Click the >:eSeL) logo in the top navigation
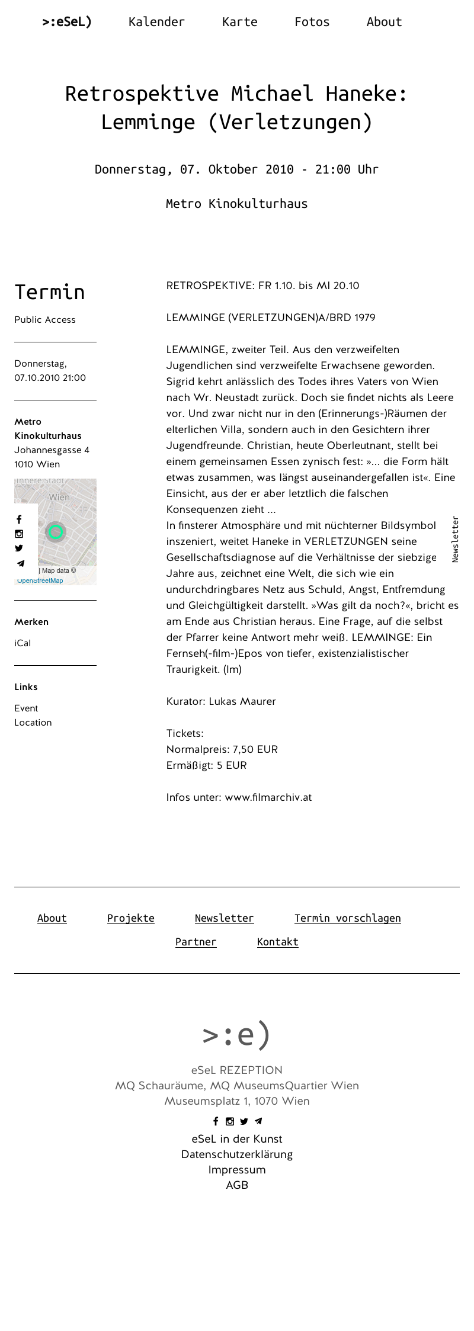point(67,22)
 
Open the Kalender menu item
point(156,22)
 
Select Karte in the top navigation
point(239,22)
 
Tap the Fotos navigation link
point(312,22)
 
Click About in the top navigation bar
point(384,22)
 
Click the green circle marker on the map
point(56,532)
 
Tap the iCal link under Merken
point(23,643)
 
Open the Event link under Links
point(26,708)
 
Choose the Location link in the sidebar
point(33,723)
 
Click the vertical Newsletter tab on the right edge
point(455,539)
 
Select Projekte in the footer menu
point(130,918)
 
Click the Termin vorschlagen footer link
point(347,918)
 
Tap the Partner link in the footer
point(196,942)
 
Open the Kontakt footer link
point(277,942)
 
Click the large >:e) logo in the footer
point(236,1034)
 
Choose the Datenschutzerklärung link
point(236,1154)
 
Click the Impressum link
point(236,1170)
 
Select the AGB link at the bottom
point(236,1185)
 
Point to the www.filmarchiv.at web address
point(268,797)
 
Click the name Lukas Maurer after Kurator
point(242,701)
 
